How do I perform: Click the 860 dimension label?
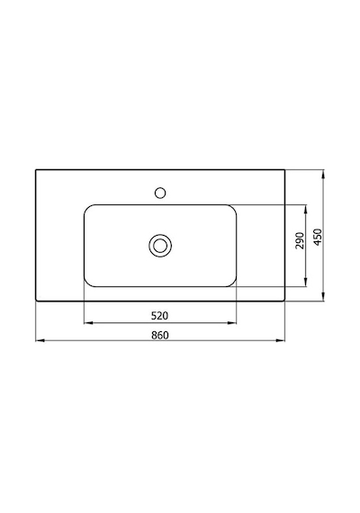pos(160,335)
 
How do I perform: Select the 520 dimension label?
pos(159,316)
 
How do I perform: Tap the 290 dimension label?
pos(300,240)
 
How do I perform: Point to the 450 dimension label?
pos(318,237)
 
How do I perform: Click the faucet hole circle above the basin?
pos(160,193)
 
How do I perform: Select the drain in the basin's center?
pos(160,246)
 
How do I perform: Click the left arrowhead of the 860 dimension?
pos(40,340)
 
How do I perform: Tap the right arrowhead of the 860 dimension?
pos(281,340)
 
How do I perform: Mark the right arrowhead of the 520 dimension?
pos(231,323)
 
